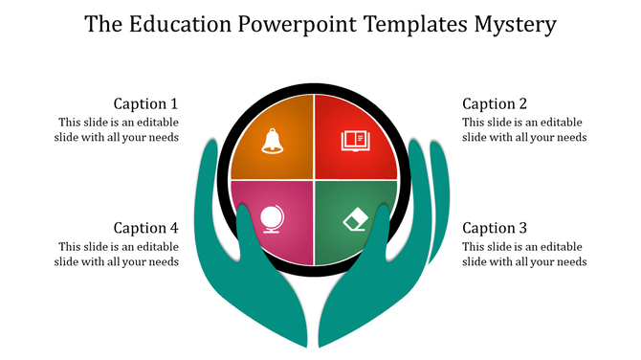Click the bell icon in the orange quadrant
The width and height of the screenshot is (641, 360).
tap(272, 141)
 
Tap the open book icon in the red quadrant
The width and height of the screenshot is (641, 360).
tap(355, 141)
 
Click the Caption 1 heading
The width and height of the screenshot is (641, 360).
tap(145, 103)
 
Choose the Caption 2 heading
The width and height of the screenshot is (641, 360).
tap(495, 103)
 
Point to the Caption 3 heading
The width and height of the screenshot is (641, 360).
tap(495, 228)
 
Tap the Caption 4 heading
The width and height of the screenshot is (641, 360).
tap(145, 228)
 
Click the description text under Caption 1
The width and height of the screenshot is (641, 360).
tap(117, 129)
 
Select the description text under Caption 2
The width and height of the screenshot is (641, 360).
tap(524, 129)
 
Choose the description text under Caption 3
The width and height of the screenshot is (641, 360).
tap(524, 254)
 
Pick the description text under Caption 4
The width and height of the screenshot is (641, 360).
tap(117, 254)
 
